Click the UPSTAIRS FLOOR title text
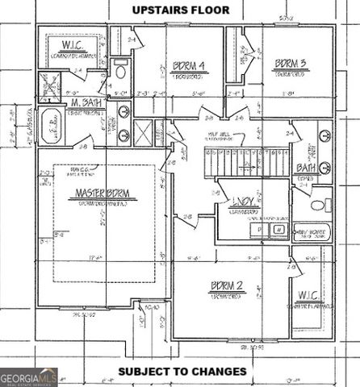coord(180,10)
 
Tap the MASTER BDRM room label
coord(103,193)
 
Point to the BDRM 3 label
coord(289,63)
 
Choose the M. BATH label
coord(86,103)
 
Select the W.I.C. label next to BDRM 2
coord(311,294)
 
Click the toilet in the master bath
coord(120,73)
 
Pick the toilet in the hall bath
coord(320,201)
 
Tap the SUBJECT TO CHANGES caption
coord(182,372)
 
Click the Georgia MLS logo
coord(28,377)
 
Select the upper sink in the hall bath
coord(324,135)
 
